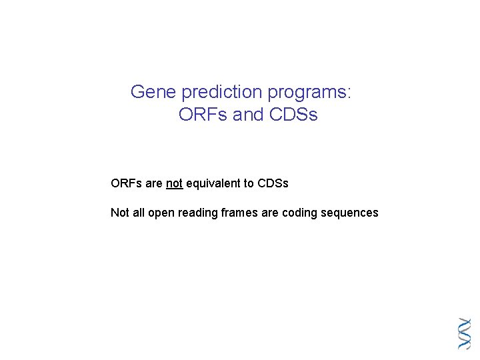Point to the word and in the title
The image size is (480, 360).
tap(249, 115)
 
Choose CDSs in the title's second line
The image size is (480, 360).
tap(294, 115)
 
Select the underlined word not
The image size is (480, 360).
tap(174, 183)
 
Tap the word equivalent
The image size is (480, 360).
tap(213, 183)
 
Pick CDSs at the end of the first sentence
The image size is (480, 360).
tap(273, 183)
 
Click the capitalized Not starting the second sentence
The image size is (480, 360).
tap(119, 213)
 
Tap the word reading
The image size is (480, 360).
tap(196, 213)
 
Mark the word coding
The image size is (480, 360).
tap(300, 213)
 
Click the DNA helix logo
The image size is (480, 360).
tap(465, 333)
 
